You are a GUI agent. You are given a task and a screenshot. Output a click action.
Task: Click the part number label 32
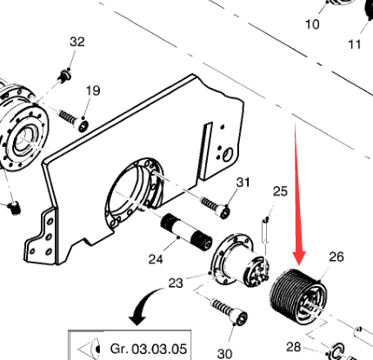(77, 42)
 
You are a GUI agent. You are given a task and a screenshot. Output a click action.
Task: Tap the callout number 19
(93, 90)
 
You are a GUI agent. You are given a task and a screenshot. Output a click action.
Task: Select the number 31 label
(243, 183)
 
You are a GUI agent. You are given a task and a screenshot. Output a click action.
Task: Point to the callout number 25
(280, 191)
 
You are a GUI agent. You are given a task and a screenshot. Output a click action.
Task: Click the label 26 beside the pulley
(336, 257)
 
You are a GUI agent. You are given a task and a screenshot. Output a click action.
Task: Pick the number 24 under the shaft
(156, 259)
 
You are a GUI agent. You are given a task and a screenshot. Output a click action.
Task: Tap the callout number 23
(176, 283)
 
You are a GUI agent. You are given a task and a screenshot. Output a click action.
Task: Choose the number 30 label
(224, 354)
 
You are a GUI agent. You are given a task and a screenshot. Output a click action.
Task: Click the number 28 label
(294, 347)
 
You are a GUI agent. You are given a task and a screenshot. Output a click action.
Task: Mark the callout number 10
(312, 24)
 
